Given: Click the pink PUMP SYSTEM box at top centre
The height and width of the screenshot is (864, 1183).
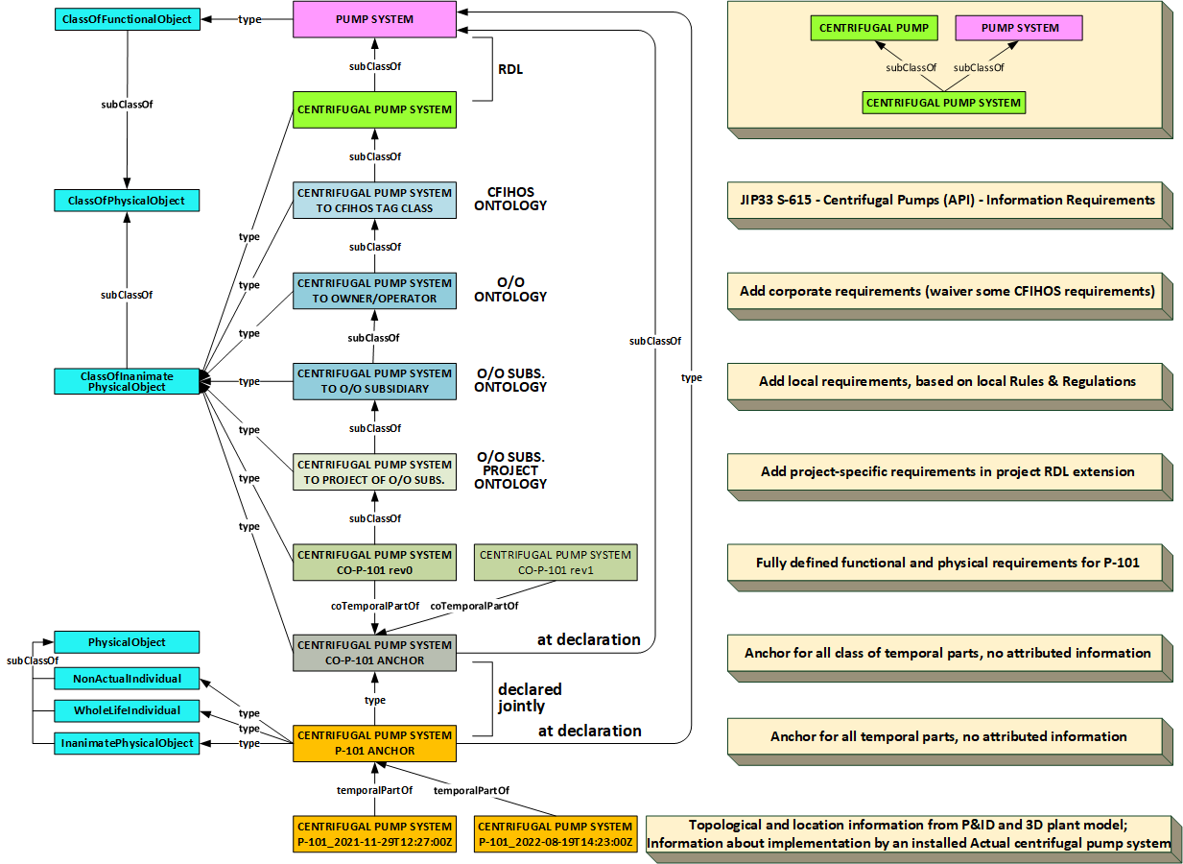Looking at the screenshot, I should click(x=374, y=19).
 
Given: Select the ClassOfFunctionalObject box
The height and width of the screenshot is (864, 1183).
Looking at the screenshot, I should click(x=128, y=19).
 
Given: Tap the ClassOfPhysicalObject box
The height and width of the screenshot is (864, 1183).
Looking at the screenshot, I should click(x=128, y=201).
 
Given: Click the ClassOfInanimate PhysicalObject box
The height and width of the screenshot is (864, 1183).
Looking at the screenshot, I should click(x=128, y=381).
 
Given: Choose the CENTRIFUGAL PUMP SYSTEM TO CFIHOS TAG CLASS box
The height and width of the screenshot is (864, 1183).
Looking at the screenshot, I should click(x=374, y=201).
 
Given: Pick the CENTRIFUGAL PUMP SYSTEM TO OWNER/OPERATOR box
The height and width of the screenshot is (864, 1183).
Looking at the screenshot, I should click(x=374, y=291).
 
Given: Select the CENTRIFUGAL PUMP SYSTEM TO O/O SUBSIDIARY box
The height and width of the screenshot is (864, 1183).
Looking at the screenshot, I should click(x=374, y=381).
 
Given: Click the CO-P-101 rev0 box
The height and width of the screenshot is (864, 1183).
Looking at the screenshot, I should click(x=374, y=563).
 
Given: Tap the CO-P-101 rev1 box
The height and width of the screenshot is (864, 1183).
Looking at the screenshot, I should click(x=556, y=563).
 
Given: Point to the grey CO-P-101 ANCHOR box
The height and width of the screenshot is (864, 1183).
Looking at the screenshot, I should click(x=374, y=653).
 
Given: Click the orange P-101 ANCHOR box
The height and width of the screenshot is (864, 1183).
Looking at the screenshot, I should click(x=374, y=743).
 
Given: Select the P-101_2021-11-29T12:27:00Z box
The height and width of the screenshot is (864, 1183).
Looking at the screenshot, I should click(x=374, y=834).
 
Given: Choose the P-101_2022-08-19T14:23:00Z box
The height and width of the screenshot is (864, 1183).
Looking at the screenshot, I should click(x=556, y=834).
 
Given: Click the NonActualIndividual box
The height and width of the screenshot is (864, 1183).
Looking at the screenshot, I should click(x=128, y=679).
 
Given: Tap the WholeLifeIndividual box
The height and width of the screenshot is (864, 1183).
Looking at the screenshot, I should click(x=128, y=710).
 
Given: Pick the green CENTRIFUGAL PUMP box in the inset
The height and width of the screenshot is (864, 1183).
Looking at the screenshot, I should click(x=873, y=28).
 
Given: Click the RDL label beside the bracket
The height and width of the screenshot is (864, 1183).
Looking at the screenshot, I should click(x=511, y=69).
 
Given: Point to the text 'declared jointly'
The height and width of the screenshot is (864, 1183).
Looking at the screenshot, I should click(x=530, y=698).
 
